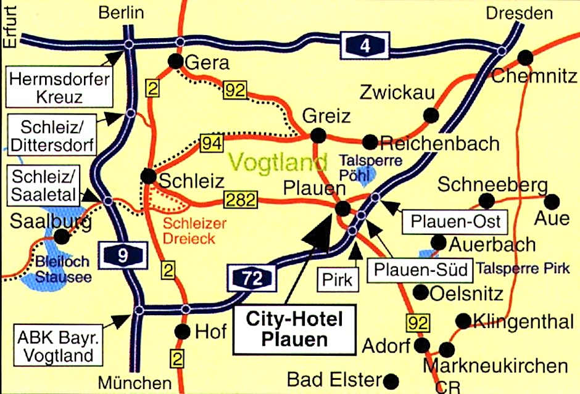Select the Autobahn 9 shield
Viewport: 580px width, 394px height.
[x=123, y=255]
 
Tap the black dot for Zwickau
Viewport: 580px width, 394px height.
[x=431, y=115]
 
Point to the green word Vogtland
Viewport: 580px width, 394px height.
[x=278, y=162]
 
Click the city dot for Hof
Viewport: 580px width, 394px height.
[x=183, y=332]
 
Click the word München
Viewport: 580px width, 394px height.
[x=135, y=382]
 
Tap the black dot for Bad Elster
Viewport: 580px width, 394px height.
[x=391, y=379]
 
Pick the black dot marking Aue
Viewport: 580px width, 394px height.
[x=552, y=201]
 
